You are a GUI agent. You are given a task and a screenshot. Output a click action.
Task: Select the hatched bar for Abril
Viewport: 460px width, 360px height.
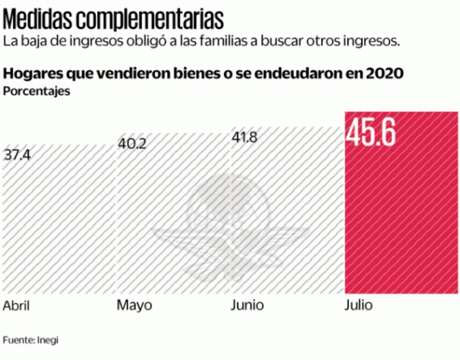tap(58, 226)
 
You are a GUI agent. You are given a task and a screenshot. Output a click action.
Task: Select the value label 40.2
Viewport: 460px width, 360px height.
tap(132, 143)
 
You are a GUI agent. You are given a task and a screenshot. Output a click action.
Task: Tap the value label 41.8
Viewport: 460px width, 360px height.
tap(245, 138)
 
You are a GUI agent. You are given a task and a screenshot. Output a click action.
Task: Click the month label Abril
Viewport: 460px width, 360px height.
tap(16, 306)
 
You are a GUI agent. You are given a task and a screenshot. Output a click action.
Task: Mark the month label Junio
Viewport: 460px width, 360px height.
tap(247, 305)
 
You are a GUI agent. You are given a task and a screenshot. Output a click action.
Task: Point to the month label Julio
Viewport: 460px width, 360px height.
tap(358, 305)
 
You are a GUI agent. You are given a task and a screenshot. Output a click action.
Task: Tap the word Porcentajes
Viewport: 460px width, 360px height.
tap(37, 91)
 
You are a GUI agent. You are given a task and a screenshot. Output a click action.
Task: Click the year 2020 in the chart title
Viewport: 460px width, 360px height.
tap(386, 74)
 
